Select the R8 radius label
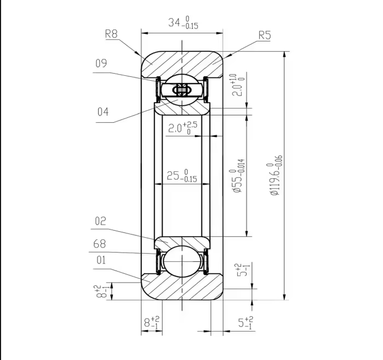tap(111, 33)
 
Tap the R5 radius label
tap(265, 36)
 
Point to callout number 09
tap(101, 63)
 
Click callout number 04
tap(103, 112)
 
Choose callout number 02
tap(100, 221)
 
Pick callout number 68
tap(100, 243)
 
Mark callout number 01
tap(100, 260)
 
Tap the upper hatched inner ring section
tap(182, 108)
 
